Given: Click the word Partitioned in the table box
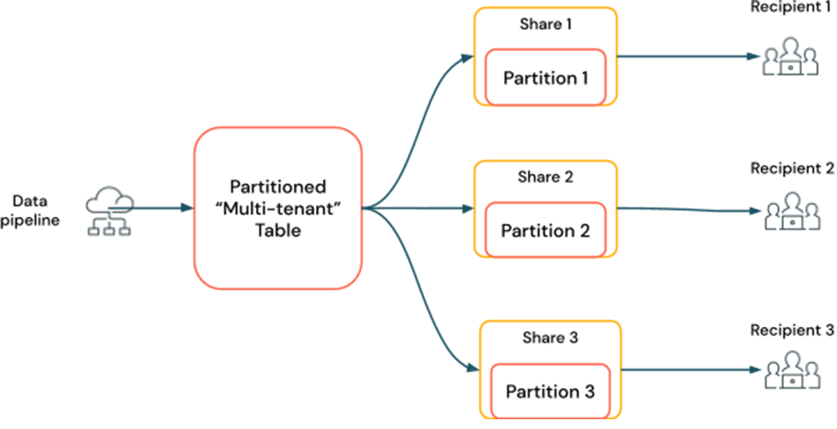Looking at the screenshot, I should tap(278, 187).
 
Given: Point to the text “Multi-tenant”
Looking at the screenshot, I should tap(278, 208).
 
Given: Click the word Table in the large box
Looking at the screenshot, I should tap(278, 230).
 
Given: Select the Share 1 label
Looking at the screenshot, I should tap(545, 24).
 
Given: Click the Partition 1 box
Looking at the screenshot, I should tap(545, 77).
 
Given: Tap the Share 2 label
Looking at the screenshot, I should tap(545, 177).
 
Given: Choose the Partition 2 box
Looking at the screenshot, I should tap(545, 230).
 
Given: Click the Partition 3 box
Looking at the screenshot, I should tap(550, 391).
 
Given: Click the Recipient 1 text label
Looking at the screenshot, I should tap(792, 8).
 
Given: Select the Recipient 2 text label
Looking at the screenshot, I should tap(792, 168).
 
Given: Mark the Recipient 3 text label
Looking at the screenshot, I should tap(792, 329).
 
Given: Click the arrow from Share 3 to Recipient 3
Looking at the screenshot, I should tap(687, 370).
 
